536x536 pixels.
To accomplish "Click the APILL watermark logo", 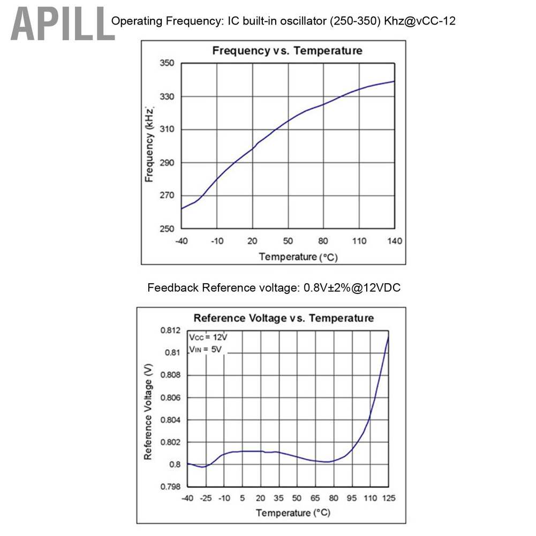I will point(62,24).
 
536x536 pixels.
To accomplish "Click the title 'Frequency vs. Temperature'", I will point(287,51).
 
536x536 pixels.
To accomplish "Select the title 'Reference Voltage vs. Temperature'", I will point(283,318).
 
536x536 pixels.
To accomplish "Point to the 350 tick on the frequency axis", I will point(167,64).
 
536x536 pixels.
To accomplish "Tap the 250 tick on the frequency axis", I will point(167,229).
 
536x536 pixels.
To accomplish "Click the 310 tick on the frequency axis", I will point(167,130).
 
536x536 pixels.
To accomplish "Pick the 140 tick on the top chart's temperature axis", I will point(395,241).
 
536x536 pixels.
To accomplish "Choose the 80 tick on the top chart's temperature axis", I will point(323,241).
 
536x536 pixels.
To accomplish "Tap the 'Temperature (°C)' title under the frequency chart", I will point(298,257).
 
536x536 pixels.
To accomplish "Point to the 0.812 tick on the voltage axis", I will point(170,330).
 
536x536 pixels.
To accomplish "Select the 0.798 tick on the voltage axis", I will point(170,487).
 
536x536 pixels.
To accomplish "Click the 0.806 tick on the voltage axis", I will point(170,398).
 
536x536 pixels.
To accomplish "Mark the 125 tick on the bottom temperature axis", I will point(389,499).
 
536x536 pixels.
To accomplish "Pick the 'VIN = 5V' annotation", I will point(205,349).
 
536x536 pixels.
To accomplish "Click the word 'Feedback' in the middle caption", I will point(172,288).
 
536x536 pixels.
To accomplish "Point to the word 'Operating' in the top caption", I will point(132,21).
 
